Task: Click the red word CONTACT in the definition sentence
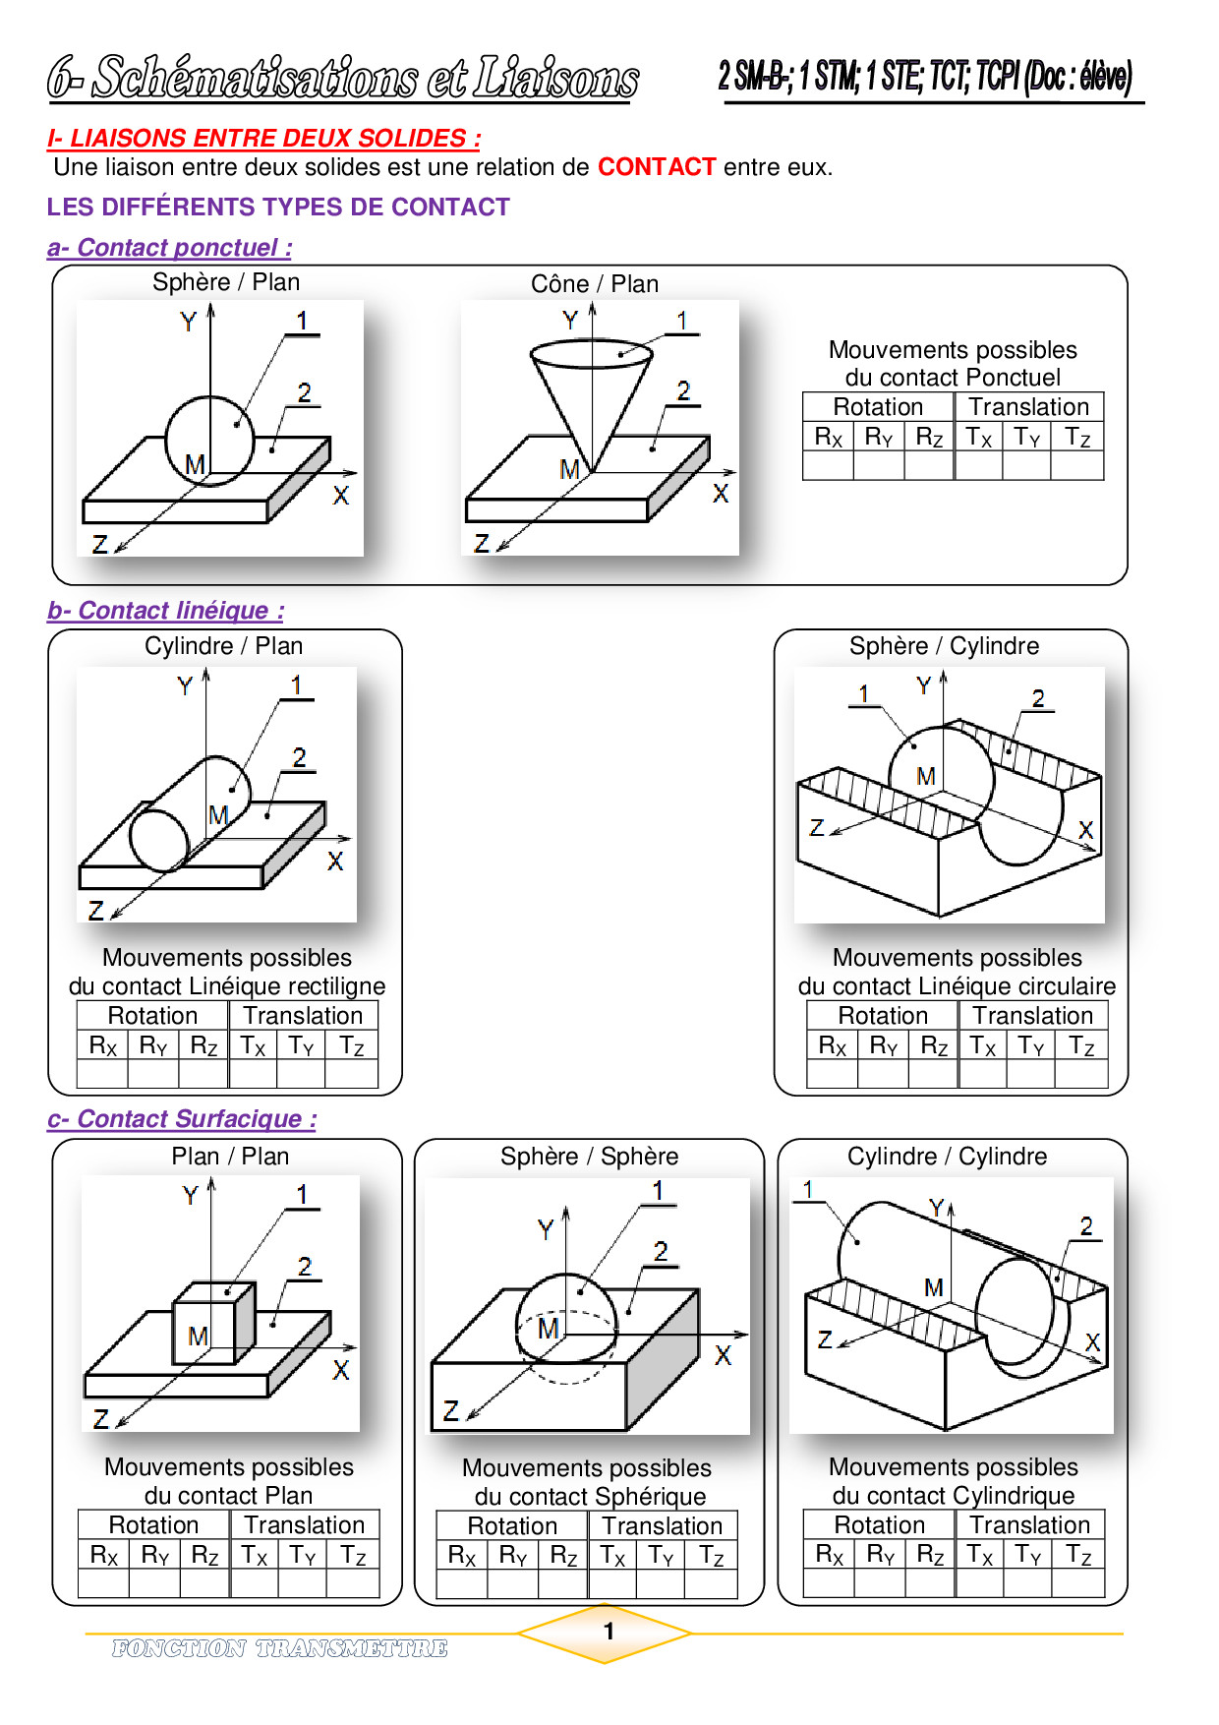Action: [x=656, y=167]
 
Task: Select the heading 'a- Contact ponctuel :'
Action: [x=170, y=248]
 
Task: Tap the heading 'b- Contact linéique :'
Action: [x=166, y=611]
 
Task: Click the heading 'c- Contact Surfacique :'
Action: [x=183, y=1119]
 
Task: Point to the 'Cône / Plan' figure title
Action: [x=595, y=284]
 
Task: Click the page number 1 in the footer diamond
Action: [x=609, y=1632]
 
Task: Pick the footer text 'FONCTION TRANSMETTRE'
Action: [x=279, y=1648]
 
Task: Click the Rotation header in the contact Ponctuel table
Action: [x=878, y=407]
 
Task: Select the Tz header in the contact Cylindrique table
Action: [x=1078, y=1555]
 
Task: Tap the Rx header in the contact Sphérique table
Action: [x=462, y=1556]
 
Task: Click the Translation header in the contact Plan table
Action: [x=305, y=1525]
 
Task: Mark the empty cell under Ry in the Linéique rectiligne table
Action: [x=153, y=1074]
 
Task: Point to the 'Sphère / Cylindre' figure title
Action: [x=944, y=646]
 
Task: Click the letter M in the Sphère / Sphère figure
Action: [x=548, y=1329]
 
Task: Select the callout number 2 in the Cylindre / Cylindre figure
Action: [x=1086, y=1226]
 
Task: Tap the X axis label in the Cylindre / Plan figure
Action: [x=335, y=862]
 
